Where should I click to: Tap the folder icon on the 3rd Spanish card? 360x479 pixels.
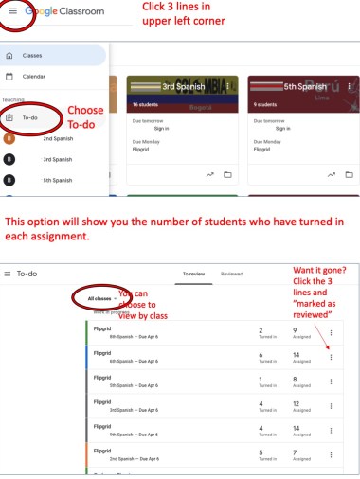pyautogui.click(x=227, y=175)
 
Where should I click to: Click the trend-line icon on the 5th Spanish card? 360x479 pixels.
pyautogui.click(x=331, y=175)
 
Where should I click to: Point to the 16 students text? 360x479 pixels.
pyautogui.click(x=145, y=105)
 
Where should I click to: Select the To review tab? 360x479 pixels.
pyautogui.click(x=194, y=273)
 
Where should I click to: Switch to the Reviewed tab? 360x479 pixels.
pyautogui.click(x=232, y=273)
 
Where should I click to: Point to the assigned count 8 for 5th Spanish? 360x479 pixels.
pyautogui.click(x=295, y=379)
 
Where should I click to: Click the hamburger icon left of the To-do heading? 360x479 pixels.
pyautogui.click(x=9, y=273)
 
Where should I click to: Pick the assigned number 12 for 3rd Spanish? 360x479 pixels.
pyautogui.click(x=297, y=403)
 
